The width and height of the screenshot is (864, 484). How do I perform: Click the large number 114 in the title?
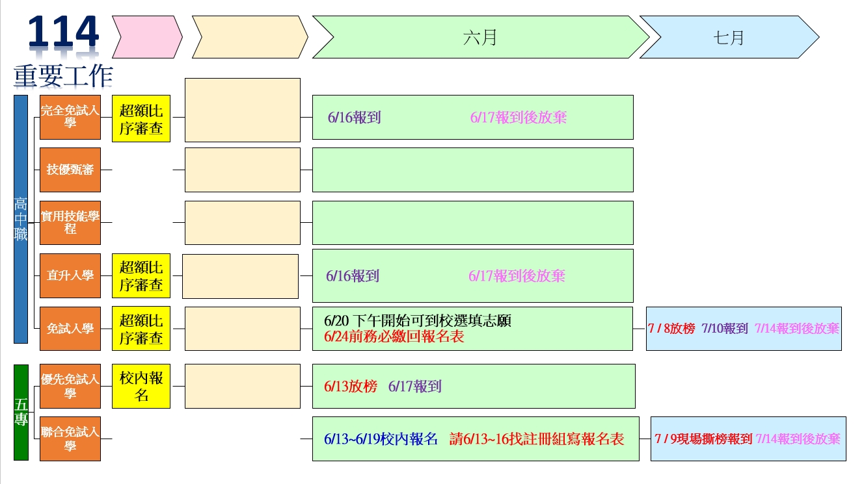[x=64, y=32]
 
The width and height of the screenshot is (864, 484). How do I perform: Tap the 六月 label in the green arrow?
[x=480, y=38]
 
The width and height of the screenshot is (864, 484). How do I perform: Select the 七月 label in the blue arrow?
[x=729, y=38]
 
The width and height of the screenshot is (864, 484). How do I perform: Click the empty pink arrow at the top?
[x=147, y=37]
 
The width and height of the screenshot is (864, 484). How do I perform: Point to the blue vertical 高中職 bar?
[x=21, y=219]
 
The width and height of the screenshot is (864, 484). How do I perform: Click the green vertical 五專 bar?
[x=21, y=412]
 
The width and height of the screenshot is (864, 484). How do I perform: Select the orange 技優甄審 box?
[x=70, y=170]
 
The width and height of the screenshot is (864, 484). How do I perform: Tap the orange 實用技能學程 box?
[x=70, y=223]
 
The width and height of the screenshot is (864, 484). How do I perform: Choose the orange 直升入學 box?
[x=70, y=275]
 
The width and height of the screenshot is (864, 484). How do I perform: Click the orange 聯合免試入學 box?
[x=70, y=439]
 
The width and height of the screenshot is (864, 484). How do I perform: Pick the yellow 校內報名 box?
[x=141, y=386]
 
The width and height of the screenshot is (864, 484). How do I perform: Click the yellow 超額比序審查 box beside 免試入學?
[x=141, y=329]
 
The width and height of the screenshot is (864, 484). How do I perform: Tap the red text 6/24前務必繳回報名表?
[x=394, y=337]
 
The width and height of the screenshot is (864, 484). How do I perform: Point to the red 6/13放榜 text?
[x=351, y=386]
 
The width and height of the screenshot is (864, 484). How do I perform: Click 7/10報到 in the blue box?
[x=725, y=329]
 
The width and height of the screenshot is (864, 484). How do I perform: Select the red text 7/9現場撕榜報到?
[x=703, y=439]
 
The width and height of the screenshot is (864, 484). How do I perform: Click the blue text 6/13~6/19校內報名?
[x=381, y=439]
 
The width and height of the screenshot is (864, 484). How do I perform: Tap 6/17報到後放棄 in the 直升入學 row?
[x=517, y=276]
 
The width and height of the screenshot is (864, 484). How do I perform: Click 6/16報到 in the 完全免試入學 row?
[x=355, y=118]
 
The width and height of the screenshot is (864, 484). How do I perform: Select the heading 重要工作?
[x=63, y=76]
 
